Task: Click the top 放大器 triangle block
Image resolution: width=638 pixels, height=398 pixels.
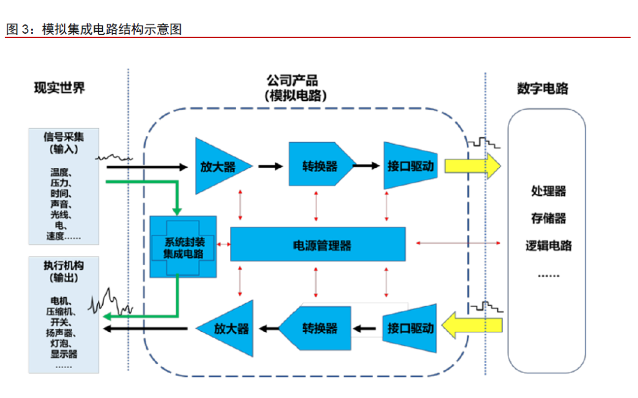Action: (x=218, y=166)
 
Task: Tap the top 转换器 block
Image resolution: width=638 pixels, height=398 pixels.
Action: (x=318, y=166)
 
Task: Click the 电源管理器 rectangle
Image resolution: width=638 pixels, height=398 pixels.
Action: (x=318, y=245)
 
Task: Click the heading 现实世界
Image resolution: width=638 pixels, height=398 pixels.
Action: (x=59, y=88)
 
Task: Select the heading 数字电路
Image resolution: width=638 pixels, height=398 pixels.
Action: (x=543, y=89)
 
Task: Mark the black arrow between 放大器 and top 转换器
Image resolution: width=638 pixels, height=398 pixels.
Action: (x=270, y=166)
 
